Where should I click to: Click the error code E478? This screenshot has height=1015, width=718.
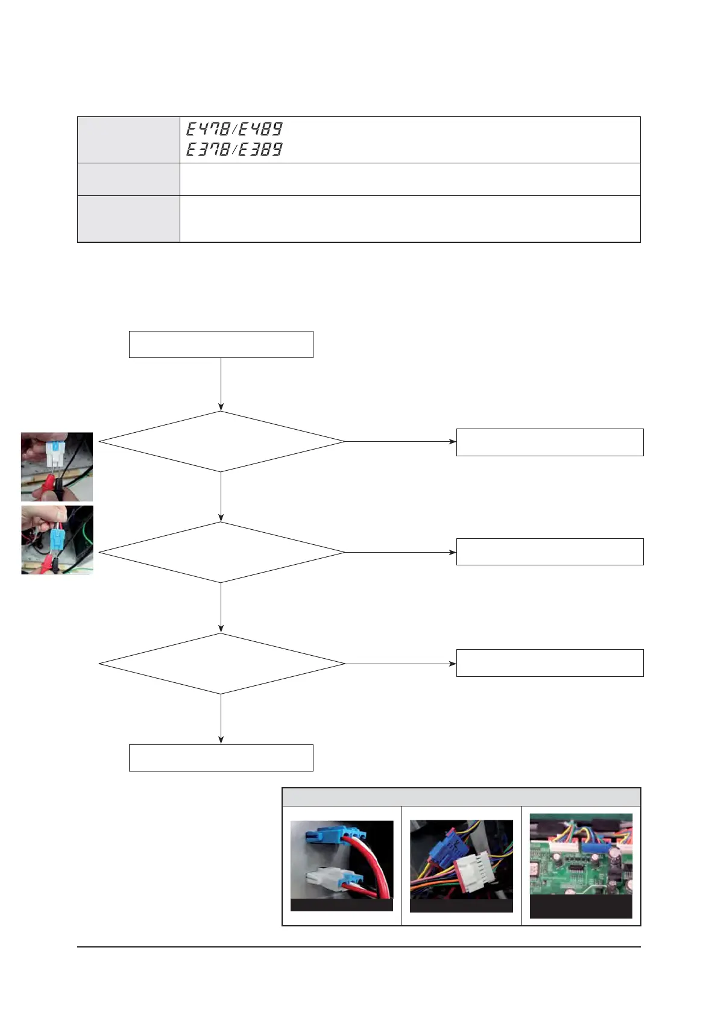[208, 129]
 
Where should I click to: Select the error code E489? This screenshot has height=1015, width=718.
[260, 129]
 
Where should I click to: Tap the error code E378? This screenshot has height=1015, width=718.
[208, 149]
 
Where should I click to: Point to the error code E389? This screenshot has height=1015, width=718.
[260, 149]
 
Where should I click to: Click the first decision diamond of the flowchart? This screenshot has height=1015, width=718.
[221, 442]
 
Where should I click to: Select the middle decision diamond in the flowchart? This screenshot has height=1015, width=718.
[221, 552]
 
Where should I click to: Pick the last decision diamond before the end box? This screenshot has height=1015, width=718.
[221, 664]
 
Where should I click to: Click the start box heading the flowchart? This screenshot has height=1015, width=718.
[221, 344]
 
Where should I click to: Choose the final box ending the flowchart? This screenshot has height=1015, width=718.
[221, 758]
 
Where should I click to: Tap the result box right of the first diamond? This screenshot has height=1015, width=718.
[550, 442]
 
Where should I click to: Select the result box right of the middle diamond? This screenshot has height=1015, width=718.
[550, 551]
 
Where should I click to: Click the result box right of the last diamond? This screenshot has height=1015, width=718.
[550, 663]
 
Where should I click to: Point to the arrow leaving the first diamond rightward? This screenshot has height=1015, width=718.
[400, 442]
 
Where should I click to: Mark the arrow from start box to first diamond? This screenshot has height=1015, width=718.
[221, 384]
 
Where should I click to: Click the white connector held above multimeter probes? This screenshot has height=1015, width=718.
[55, 451]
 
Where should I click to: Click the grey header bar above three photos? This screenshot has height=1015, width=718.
[461, 797]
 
